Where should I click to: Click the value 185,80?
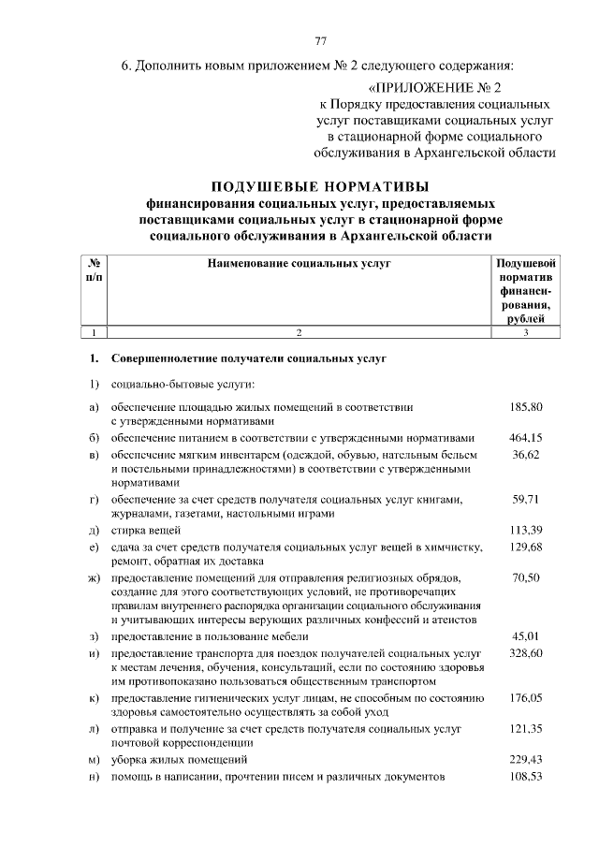click(527, 407)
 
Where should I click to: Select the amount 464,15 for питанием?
click(527, 437)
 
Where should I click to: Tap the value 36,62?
click(527, 454)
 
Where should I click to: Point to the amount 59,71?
click(527, 499)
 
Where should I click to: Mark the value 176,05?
click(527, 697)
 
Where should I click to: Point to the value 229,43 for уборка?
click(527, 759)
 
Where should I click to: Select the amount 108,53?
click(527, 777)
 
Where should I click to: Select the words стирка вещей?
click(143, 531)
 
